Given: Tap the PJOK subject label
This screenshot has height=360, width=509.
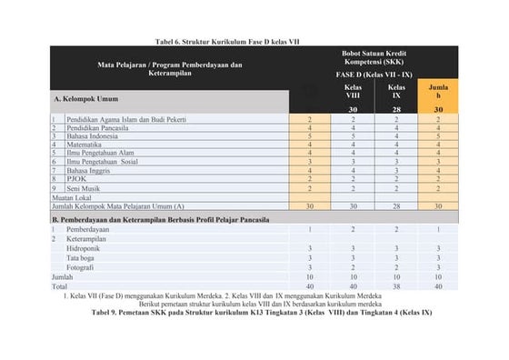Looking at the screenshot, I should (x=76, y=179).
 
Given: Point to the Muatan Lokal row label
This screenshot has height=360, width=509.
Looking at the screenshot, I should (x=73, y=197).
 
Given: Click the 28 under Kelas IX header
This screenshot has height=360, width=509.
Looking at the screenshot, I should (x=395, y=109).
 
